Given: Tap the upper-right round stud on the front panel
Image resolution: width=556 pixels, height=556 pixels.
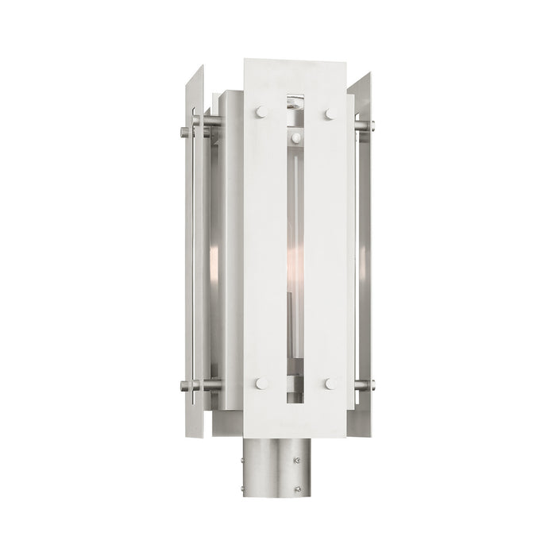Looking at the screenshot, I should pos(328,114).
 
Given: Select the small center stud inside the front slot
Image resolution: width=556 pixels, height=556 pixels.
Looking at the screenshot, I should pos(295,138).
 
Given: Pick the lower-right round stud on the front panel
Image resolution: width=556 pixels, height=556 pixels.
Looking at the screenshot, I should pos(328,384).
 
